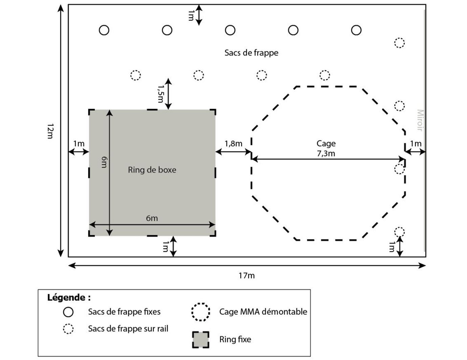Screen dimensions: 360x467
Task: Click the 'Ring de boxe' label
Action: (152, 170)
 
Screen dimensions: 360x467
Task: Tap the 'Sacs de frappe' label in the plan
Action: (251, 53)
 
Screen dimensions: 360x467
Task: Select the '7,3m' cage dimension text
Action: (326, 153)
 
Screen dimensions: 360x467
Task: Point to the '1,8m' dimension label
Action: (233, 144)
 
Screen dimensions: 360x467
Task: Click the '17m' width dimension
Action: (246, 275)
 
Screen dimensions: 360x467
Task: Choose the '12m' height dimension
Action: (50, 131)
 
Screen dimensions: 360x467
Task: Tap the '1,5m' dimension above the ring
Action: (160, 93)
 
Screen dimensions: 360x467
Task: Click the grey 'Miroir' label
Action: (420, 120)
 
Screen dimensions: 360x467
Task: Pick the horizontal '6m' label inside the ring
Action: (152, 218)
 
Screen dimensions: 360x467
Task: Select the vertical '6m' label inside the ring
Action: (104, 162)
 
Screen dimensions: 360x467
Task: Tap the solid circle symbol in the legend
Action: (68, 312)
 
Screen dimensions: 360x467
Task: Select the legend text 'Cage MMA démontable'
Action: (263, 312)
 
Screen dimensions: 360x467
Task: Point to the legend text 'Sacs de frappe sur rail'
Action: (128, 329)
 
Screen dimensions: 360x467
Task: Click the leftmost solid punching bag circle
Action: (104, 30)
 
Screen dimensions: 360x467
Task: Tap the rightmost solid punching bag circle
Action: (356, 30)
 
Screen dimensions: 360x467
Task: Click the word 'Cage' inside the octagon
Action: (326, 144)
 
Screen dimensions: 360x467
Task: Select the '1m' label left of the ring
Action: (79, 144)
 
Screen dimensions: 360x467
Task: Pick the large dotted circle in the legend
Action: (201, 312)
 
